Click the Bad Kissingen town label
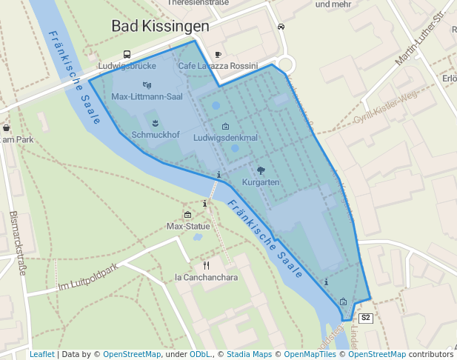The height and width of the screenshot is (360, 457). point(160,26)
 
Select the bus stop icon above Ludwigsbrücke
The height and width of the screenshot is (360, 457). point(127,54)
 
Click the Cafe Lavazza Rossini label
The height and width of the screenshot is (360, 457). point(218,66)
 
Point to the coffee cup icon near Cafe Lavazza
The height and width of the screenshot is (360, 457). point(218,54)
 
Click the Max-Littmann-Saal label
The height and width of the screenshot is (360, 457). point(147,96)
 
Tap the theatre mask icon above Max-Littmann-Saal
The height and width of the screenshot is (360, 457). point(147,85)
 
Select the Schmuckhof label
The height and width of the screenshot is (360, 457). point(156,136)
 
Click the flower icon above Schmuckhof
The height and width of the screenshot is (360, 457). point(156,122)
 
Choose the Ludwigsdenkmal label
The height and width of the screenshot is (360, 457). point(225,138)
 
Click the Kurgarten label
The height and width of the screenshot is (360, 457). point(261,181)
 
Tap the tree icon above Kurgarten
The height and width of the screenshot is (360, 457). point(261,170)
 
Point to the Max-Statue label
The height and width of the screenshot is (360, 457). point(188,226)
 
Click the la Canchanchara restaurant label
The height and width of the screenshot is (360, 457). point(206,278)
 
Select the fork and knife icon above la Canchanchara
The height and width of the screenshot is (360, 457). point(206,264)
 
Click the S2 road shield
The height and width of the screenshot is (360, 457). point(364,318)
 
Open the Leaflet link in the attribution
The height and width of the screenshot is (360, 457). point(41,355)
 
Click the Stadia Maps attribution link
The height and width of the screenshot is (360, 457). point(248,355)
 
